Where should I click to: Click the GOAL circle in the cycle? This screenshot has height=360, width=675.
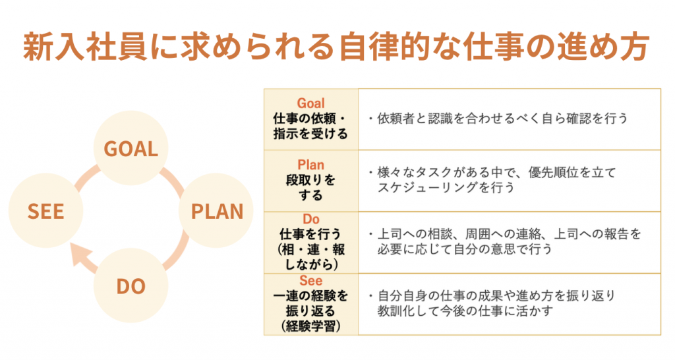coord(131,148)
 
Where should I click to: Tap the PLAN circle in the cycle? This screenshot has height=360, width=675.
coord(216,210)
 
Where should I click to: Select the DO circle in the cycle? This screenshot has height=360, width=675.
coord(131,285)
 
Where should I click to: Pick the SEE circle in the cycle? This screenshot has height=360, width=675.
coord(45,210)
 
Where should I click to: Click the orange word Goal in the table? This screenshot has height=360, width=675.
coord(310,104)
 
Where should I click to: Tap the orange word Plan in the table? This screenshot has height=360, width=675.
coord(310,164)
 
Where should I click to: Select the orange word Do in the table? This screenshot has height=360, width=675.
coord(311,219)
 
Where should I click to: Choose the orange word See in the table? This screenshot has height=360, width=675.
coord(310,281)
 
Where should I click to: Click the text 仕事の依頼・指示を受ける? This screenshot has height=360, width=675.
coord(310,126)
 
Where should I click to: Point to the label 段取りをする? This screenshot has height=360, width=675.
coord(310,187)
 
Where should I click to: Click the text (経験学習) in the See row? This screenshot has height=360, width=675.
coord(310,326)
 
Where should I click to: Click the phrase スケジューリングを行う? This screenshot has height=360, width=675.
coord(446,187)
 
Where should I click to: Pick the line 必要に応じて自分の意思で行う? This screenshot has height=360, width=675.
coord(465,249)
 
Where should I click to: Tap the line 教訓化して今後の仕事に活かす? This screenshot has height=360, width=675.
coord(465,311)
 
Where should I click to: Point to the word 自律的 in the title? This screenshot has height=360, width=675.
coord(385,46)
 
